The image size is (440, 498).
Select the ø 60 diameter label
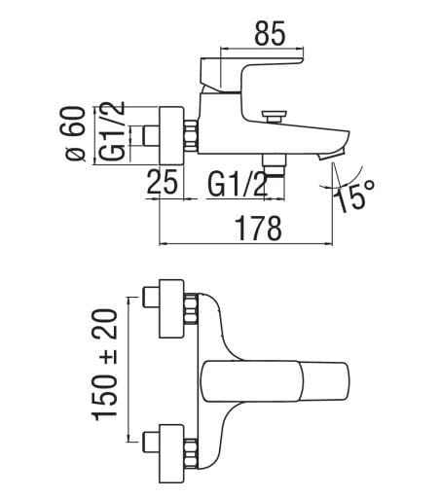tap(81, 135)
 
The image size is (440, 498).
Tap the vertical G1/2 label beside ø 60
tap(113, 136)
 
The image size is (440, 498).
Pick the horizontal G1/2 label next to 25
tap(238, 182)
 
